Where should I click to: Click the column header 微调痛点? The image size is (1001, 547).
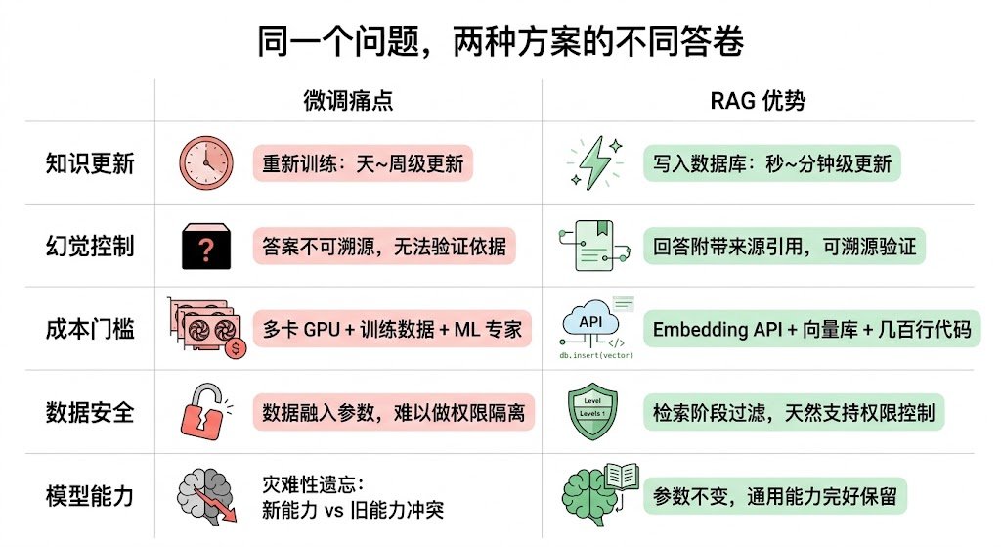[348, 101]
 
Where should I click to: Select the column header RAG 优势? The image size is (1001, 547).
[758, 101]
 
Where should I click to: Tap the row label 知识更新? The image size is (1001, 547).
[90, 162]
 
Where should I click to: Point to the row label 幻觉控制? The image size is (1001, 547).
[90, 246]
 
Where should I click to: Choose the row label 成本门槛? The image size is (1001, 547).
[90, 329]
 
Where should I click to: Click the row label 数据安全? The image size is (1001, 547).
[90, 412]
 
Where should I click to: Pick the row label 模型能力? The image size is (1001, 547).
[90, 495]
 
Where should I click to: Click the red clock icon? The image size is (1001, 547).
[206, 162]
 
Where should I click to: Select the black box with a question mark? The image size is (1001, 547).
[206, 246]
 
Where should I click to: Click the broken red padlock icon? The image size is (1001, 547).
[206, 412]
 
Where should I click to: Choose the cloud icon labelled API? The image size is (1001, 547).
[591, 322]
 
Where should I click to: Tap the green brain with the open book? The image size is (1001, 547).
[597, 494]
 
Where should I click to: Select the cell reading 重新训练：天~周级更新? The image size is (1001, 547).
[363, 162]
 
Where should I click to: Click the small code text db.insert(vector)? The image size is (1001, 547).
[595, 355]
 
